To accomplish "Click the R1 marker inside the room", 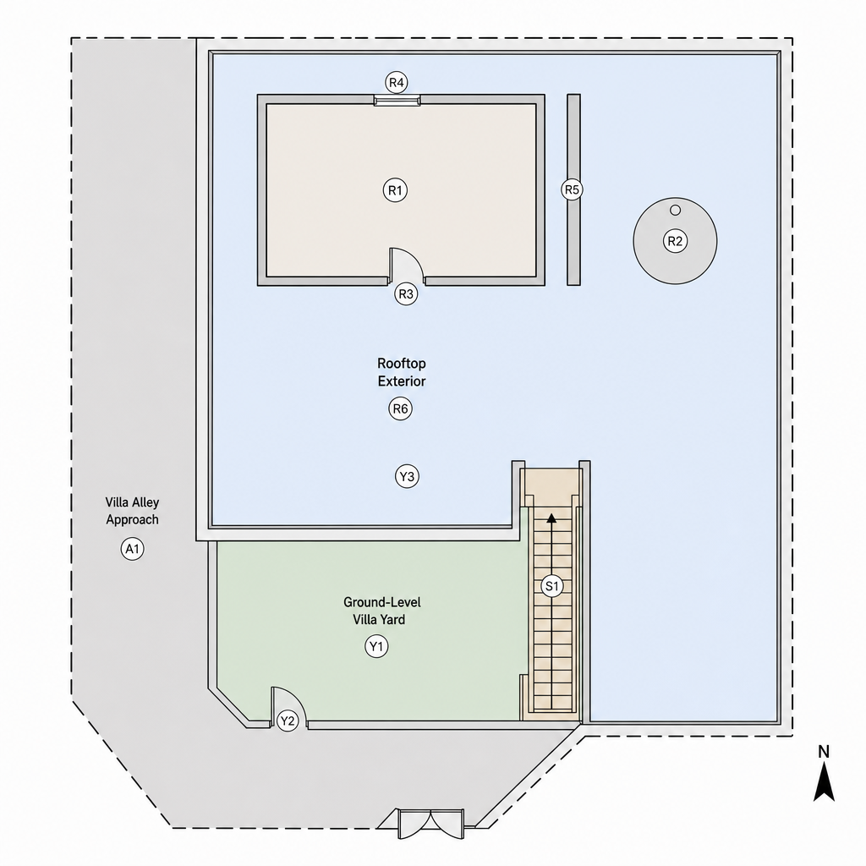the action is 395,190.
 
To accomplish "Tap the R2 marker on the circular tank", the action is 675,241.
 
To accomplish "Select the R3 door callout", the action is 406,293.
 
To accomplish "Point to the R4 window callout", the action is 397,83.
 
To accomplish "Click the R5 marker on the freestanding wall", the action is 572,190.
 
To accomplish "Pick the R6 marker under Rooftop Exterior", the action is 400,408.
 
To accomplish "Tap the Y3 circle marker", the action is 407,476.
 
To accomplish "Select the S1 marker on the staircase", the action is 551,586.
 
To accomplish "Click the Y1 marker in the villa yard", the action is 376,646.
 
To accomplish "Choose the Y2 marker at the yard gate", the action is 288,721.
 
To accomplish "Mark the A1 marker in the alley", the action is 132,549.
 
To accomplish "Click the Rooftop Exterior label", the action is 402,372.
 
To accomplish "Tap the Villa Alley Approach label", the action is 133,511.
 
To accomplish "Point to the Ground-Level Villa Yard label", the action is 381,611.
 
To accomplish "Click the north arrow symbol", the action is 824,781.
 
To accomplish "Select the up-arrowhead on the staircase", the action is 551,518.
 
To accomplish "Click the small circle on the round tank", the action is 675,210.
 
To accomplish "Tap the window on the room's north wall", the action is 397,101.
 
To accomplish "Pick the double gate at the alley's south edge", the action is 430,825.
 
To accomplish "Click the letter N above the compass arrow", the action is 824,752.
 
